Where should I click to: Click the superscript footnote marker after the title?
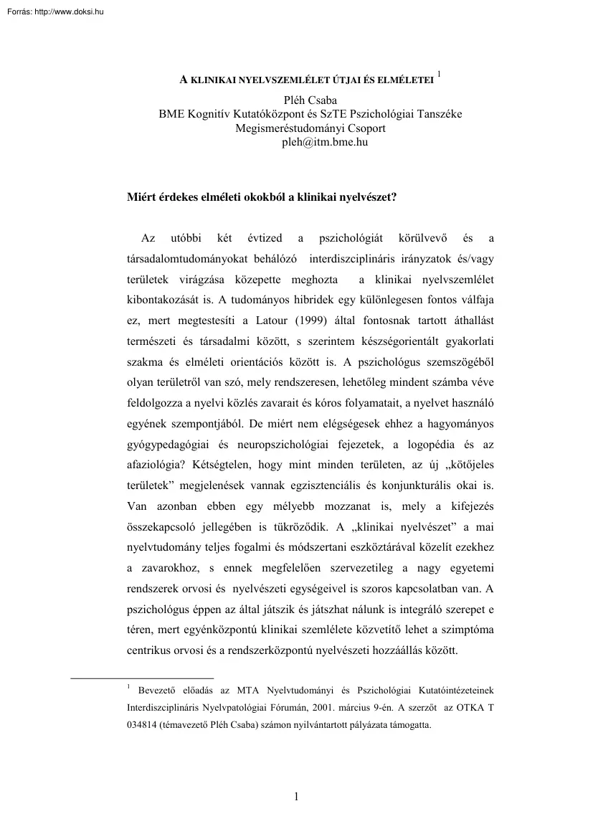[x=439, y=73]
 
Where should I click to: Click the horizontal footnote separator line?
[x=143, y=677]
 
